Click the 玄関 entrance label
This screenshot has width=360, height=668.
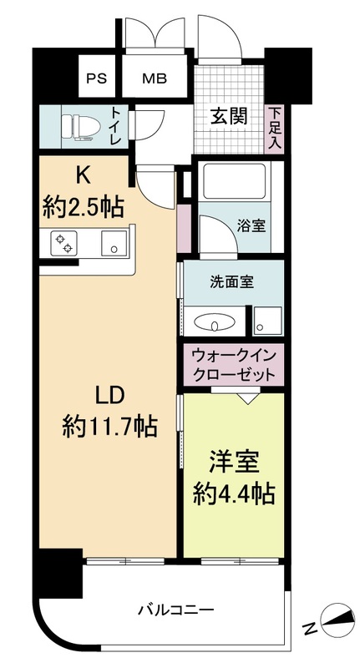click(227, 116)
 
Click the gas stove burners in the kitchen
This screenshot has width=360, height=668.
click(63, 243)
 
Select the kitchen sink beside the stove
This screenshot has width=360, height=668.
click(110, 244)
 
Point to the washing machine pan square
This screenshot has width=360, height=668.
click(268, 320)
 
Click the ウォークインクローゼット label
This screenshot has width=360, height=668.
click(233, 365)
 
